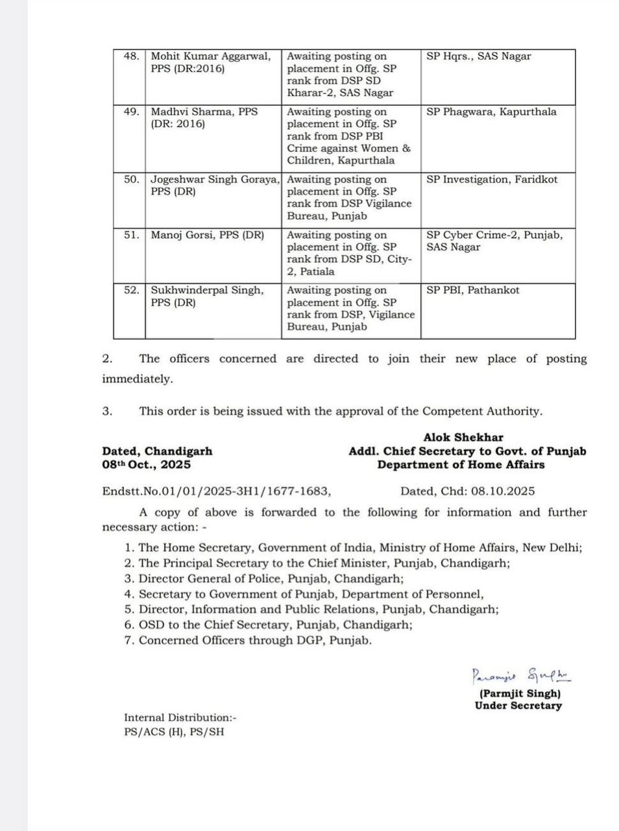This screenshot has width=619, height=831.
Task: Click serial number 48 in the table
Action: pos(131,56)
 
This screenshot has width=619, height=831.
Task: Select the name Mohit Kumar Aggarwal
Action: pos(211,56)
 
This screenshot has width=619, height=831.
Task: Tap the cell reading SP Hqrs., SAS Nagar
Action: pos(478,56)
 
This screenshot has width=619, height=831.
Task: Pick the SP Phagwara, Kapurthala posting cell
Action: pos(491,112)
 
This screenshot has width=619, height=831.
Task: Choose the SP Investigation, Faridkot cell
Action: pos(492,179)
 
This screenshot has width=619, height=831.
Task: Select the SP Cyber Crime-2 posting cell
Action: pos(494,241)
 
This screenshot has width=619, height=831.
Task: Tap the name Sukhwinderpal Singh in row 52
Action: pos(207,290)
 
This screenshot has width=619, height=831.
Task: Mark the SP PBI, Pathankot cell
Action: pos(472,290)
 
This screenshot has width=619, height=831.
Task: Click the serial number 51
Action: pos(131,235)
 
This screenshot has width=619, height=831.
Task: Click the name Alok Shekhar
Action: pos(463,438)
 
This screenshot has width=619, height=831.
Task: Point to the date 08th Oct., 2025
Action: pos(146,465)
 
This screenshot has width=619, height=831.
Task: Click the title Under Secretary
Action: pos(518,706)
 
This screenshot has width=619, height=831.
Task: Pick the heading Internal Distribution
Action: pos(180,717)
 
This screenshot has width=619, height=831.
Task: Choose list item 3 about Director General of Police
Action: pos(264,578)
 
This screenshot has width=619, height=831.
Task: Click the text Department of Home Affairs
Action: pos(461,465)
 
